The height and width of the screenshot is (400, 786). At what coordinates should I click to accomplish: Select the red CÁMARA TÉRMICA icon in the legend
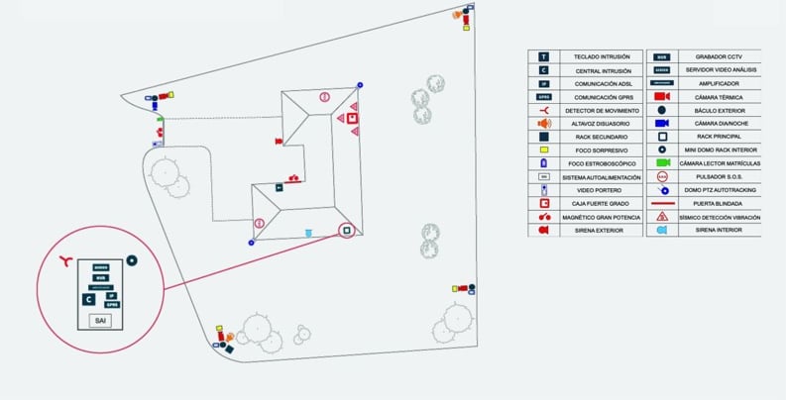661,97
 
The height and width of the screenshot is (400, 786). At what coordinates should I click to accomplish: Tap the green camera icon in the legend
661,162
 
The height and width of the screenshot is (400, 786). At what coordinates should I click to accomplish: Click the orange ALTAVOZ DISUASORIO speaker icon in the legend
543,124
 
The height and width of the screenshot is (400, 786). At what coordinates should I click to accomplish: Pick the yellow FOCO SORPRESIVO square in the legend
543,150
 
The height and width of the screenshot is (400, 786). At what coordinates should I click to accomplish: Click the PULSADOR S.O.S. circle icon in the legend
661,175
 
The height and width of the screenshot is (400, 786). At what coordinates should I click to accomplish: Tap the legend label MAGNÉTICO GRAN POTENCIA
593,216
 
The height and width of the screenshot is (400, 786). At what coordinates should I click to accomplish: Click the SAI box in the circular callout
99,321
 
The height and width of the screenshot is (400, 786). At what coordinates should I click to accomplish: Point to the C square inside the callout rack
88,297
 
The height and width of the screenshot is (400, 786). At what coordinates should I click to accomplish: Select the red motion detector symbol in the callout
66,260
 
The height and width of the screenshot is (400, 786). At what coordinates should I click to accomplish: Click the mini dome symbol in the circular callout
132,260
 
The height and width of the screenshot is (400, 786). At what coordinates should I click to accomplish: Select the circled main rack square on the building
346,231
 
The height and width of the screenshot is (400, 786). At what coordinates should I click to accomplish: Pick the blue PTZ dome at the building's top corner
360,87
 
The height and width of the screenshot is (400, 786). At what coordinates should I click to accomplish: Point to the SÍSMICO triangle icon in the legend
661,216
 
